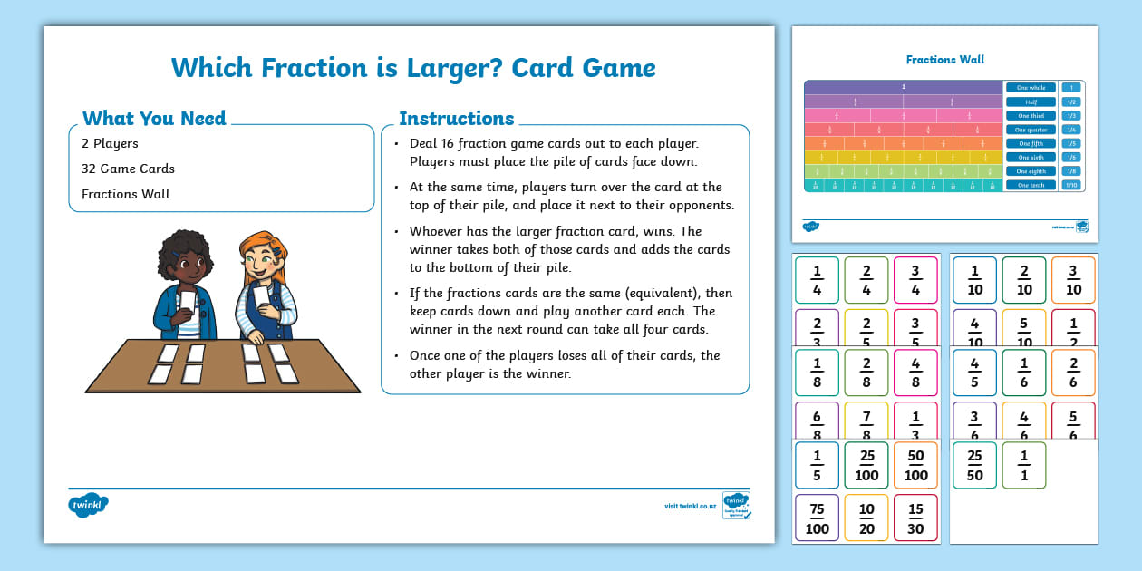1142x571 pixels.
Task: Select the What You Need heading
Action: click(x=154, y=118)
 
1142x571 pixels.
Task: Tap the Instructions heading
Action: click(x=457, y=118)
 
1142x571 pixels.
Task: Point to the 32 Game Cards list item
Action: click(x=128, y=169)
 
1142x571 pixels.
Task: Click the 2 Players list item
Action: click(x=110, y=143)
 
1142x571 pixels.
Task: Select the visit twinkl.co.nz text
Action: click(x=692, y=507)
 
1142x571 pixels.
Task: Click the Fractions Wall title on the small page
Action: click(x=945, y=60)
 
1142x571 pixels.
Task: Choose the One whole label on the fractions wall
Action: click(x=1031, y=88)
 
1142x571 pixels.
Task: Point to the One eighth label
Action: click(x=1031, y=171)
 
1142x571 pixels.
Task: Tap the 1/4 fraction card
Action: click(x=817, y=280)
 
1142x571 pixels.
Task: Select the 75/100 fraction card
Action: click(x=817, y=518)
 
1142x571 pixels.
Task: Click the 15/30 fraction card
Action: click(x=915, y=518)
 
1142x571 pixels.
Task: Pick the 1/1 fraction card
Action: click(x=1024, y=465)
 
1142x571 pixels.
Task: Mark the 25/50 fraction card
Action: click(x=974, y=465)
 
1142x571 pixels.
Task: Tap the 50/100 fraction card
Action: click(x=915, y=465)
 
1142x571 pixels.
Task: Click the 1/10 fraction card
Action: click(x=974, y=280)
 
